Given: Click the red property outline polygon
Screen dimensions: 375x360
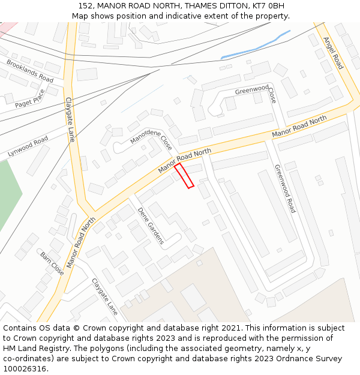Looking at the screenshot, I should click(184, 175).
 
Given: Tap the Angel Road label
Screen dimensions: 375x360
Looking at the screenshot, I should click(332, 53).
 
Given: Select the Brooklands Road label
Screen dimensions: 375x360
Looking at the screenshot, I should click(30, 70).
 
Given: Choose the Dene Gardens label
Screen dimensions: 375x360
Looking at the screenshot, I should click(151, 226).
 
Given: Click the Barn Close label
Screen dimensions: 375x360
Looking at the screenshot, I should click(52, 263).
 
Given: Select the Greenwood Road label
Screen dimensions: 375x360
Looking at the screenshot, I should click(285, 188).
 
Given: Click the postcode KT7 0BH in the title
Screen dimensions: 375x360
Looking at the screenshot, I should click(267, 6).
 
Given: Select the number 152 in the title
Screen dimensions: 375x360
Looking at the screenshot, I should click(86, 6).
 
